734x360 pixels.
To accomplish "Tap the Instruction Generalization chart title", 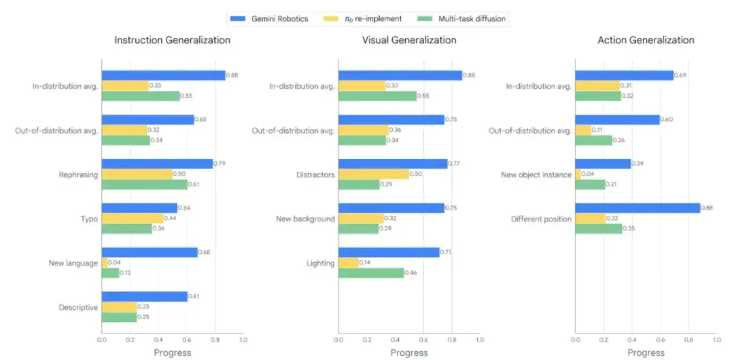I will [x=172, y=40].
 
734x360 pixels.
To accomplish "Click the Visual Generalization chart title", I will [x=408, y=40].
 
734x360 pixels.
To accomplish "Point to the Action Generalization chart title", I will [x=646, y=40].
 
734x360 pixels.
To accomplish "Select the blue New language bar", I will [x=149, y=253].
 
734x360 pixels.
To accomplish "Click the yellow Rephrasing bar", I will [x=137, y=175].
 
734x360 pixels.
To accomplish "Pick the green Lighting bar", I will [x=370, y=273].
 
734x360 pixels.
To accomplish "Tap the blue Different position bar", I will [x=637, y=209].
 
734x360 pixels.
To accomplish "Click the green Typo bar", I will [x=126, y=229].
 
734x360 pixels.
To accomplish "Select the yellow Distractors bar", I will [x=373, y=175].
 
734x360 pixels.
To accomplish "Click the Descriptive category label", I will [x=78, y=307].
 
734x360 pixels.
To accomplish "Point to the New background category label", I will [x=305, y=219].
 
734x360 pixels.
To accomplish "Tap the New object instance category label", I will [x=536, y=175].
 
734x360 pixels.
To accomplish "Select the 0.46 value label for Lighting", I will [x=411, y=273].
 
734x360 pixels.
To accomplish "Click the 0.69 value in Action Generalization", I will [x=681, y=75].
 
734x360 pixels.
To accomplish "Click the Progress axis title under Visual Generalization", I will [x=409, y=353].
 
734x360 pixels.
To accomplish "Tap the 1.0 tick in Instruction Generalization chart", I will [x=243, y=339].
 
